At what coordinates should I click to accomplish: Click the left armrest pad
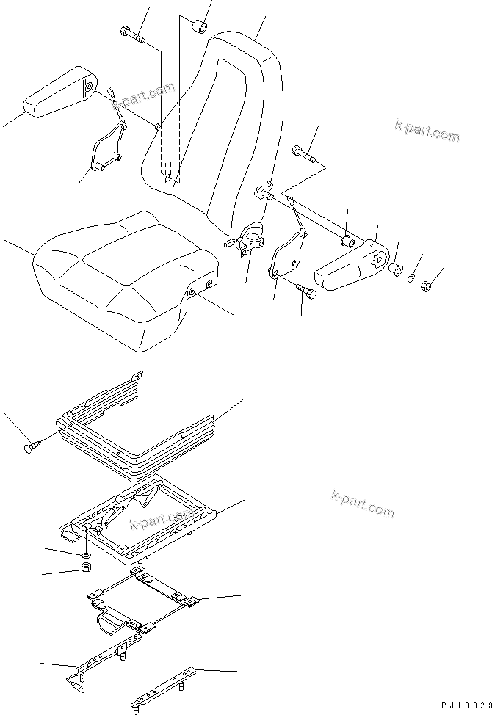pos(59,93)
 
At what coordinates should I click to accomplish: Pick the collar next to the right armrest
pos(395,269)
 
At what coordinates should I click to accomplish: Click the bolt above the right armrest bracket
pos(303,153)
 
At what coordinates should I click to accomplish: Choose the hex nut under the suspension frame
pos(85,568)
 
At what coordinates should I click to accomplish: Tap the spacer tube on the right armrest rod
pos(349,240)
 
